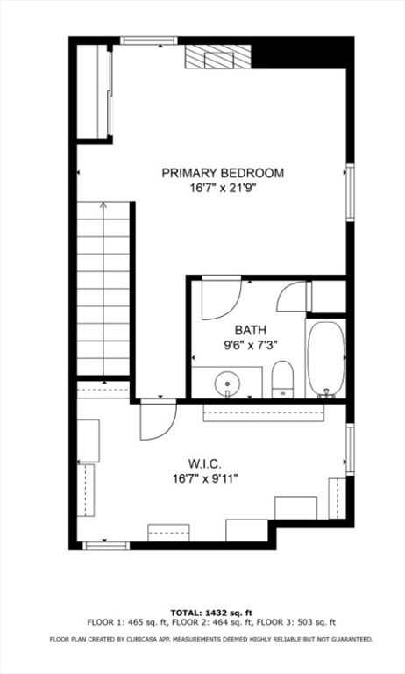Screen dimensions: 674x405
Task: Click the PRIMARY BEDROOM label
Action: coord(223,173)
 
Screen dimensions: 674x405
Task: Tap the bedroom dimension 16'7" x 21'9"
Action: coord(223,188)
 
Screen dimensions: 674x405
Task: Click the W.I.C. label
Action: coord(206,462)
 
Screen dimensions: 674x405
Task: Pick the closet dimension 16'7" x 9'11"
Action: coord(206,478)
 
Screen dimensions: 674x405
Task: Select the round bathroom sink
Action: coord(228,384)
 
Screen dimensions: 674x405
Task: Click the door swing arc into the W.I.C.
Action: coord(154,421)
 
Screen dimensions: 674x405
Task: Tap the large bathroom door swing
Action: coord(219,298)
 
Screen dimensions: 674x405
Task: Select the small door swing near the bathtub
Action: coord(292,298)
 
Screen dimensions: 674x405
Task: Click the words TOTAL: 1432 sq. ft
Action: coord(211,612)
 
